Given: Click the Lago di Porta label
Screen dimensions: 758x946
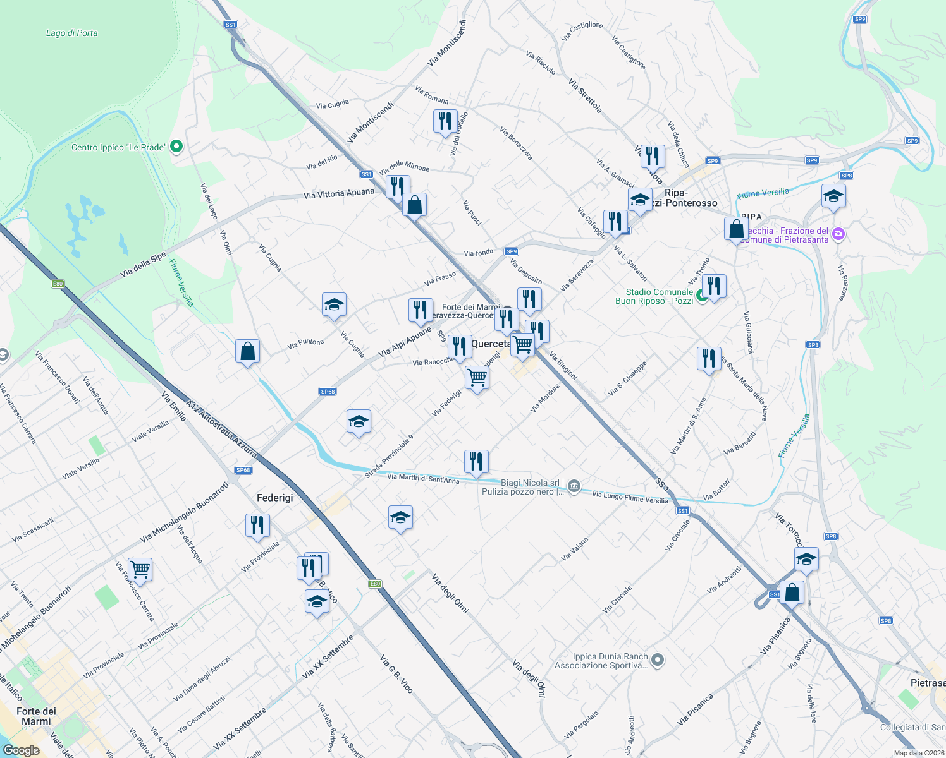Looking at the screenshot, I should [71, 33].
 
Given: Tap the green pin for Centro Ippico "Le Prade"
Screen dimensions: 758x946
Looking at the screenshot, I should [177, 147].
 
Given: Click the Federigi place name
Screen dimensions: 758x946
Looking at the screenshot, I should [274, 498].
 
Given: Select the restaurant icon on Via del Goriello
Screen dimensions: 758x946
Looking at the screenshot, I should [445, 120].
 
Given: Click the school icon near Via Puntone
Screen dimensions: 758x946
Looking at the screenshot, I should [334, 305].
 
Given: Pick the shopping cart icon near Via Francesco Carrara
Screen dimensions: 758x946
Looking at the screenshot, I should [140, 569].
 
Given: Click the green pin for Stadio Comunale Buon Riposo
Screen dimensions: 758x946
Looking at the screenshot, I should [701, 296].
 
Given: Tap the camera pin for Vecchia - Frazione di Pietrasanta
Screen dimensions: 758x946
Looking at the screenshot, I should [838, 234].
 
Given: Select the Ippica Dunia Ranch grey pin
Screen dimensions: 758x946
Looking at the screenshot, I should [658, 660].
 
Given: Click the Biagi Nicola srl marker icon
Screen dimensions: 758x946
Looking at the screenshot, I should [574, 486].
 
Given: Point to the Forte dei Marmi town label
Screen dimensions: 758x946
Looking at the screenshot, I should [36, 716].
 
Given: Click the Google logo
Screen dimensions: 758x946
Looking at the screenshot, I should [21, 750].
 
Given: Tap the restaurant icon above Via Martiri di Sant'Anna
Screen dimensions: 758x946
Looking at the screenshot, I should [476, 462].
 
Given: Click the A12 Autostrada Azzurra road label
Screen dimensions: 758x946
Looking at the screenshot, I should [221, 428].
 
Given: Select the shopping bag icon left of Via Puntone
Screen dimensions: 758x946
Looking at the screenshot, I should [247, 351].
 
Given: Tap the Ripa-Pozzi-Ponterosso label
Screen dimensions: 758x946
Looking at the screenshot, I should [682, 198].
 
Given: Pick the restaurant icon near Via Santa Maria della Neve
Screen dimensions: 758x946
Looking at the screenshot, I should [709, 358].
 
